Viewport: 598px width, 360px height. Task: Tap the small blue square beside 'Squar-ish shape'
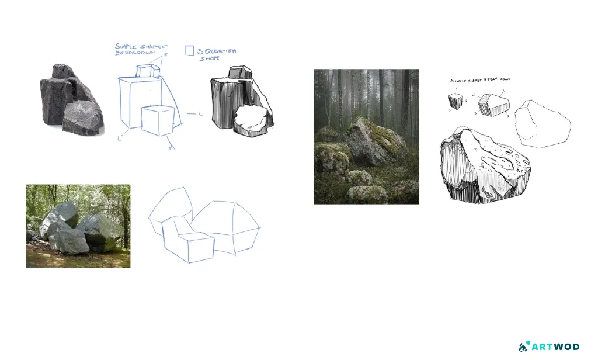(x=189, y=51)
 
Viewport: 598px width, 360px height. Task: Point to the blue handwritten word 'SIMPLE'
(x=126, y=46)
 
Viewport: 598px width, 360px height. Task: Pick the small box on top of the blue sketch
(x=148, y=70)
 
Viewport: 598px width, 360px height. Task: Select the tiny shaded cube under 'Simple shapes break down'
(x=456, y=101)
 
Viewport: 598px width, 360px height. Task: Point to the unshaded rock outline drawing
(x=544, y=123)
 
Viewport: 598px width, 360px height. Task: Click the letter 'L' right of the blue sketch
(x=200, y=113)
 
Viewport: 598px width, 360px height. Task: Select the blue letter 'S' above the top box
(x=166, y=55)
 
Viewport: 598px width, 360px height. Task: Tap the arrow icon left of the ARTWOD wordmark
(x=523, y=347)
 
